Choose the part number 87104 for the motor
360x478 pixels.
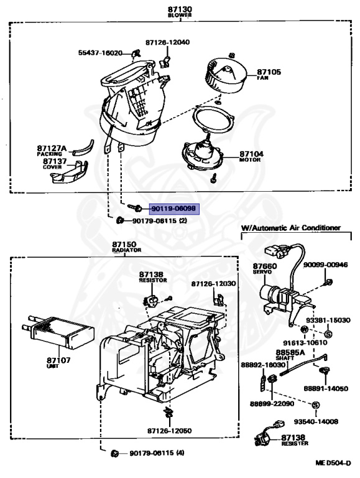(251, 154)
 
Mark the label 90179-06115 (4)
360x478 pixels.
(159, 453)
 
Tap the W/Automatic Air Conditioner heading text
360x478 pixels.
(290, 228)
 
